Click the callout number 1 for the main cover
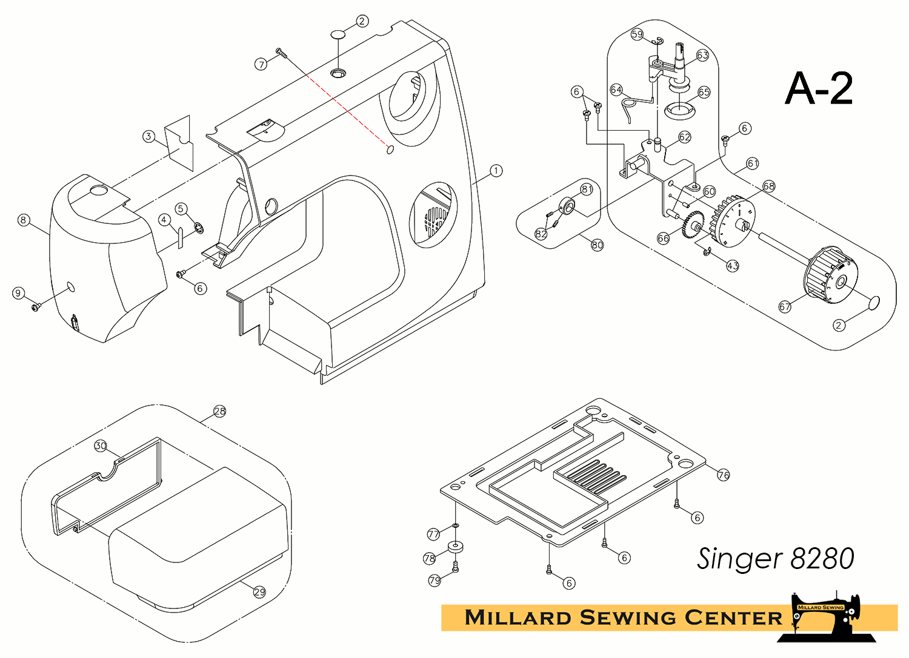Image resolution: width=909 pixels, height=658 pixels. tap(496, 171)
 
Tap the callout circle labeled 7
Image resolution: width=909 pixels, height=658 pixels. tap(261, 64)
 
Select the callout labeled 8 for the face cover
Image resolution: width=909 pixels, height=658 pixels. tap(24, 220)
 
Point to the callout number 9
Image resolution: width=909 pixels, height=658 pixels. tap(18, 294)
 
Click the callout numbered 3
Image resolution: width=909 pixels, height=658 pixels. tap(148, 136)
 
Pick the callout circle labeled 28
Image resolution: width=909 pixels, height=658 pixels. tap(219, 412)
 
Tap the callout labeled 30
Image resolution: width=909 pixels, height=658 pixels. tap(101, 446)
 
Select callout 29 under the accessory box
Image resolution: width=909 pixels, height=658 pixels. tap(259, 592)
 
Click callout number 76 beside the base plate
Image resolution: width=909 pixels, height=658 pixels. tap(724, 475)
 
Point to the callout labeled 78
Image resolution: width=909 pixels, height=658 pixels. tap(430, 558)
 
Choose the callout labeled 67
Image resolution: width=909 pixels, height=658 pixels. tap(785, 307)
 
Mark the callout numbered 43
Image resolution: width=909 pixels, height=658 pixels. tap(733, 266)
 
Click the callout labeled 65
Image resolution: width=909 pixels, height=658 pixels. tap(704, 93)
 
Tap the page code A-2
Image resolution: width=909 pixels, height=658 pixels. tap(819, 88)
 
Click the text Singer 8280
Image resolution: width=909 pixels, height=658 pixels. tap(775, 558)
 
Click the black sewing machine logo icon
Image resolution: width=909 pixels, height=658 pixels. tap(827, 617)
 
